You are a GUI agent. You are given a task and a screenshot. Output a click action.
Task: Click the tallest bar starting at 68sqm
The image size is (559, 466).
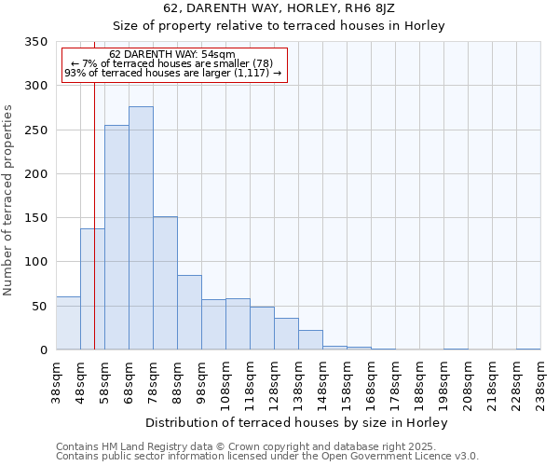pyautogui.click(x=141, y=228)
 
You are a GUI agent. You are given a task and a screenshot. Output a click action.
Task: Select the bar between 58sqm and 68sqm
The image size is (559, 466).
pyautogui.click(x=116, y=238)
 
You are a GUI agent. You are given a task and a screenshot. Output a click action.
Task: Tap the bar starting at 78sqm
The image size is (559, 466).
pyautogui.click(x=165, y=283)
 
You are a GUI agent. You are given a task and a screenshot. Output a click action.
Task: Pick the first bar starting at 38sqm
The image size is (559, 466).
pyautogui.click(x=68, y=323)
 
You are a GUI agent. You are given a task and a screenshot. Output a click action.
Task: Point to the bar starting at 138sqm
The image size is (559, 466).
pyautogui.click(x=310, y=340)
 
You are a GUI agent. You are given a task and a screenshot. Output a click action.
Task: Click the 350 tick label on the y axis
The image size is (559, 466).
pyautogui.click(x=35, y=42)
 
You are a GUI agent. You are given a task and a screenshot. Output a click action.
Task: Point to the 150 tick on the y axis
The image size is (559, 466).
pyautogui.click(x=35, y=218)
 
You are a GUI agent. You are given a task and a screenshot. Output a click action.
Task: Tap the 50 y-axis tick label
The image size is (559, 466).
pyautogui.click(x=39, y=306)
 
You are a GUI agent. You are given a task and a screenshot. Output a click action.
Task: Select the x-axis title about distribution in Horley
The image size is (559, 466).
pyautogui.click(x=297, y=422)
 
